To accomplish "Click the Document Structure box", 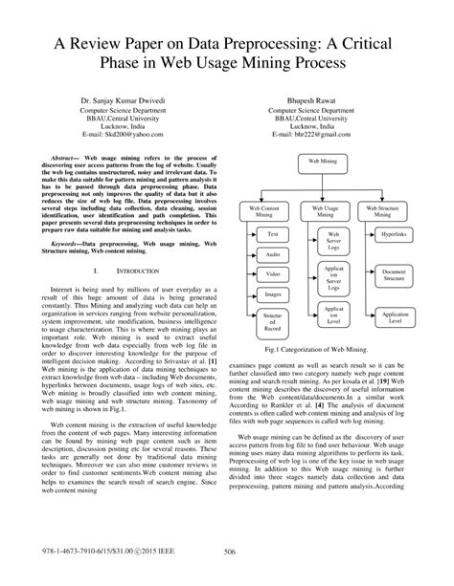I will tap(395, 275).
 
